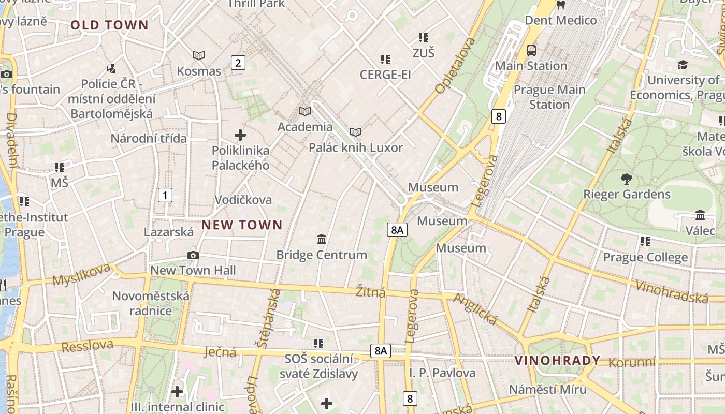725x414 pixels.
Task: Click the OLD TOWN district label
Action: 109,25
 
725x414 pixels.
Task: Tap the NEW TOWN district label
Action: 242,225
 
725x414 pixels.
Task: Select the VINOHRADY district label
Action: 557,361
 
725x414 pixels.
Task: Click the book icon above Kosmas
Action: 199,55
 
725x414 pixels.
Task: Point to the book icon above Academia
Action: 305,111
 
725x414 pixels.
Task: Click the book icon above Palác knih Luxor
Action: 355,132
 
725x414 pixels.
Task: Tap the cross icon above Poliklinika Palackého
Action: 240,135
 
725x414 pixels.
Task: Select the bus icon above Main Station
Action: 531,51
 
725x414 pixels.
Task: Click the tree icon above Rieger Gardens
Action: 627,179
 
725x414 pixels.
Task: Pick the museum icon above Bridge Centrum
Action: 322,239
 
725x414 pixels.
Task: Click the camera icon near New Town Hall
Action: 193,255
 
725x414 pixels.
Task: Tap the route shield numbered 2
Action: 238,63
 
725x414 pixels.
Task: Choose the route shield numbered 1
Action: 165,195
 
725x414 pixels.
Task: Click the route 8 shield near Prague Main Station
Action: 498,116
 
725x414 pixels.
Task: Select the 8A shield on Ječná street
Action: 381,351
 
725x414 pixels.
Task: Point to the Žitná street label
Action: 371,292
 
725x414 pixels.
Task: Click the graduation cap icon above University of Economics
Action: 683,65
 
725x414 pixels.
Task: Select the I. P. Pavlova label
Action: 442,373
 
